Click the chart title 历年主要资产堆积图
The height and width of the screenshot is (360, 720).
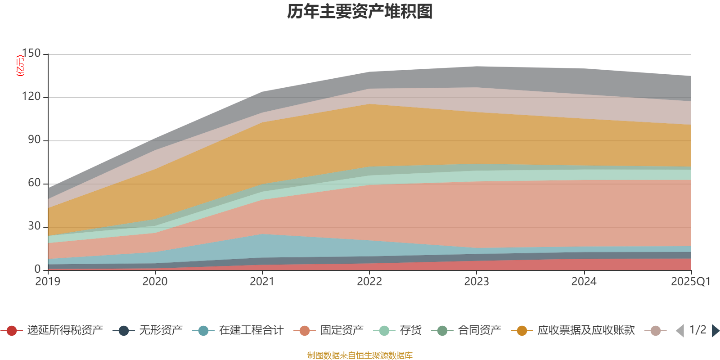tap(360, 12)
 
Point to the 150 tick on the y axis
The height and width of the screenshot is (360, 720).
tap(31, 54)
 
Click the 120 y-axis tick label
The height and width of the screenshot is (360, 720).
tap(31, 97)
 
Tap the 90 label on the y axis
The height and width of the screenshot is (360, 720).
tap(34, 140)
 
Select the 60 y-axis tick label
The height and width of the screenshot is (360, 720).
tap(34, 183)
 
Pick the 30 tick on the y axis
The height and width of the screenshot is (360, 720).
tap(34, 226)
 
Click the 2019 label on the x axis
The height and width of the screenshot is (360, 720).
tap(48, 282)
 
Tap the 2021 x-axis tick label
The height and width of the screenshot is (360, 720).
tap(262, 282)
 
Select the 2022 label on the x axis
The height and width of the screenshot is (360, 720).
tap(369, 282)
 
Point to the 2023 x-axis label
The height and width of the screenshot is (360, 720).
tap(477, 282)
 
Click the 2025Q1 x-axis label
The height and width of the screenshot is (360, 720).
tap(691, 282)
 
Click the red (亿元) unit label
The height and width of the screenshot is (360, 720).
tap(20, 66)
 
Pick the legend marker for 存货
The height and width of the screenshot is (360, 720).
tap(384, 331)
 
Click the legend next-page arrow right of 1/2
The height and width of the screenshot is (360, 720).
tap(715, 331)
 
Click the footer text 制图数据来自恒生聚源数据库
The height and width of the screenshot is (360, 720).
tap(360, 355)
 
